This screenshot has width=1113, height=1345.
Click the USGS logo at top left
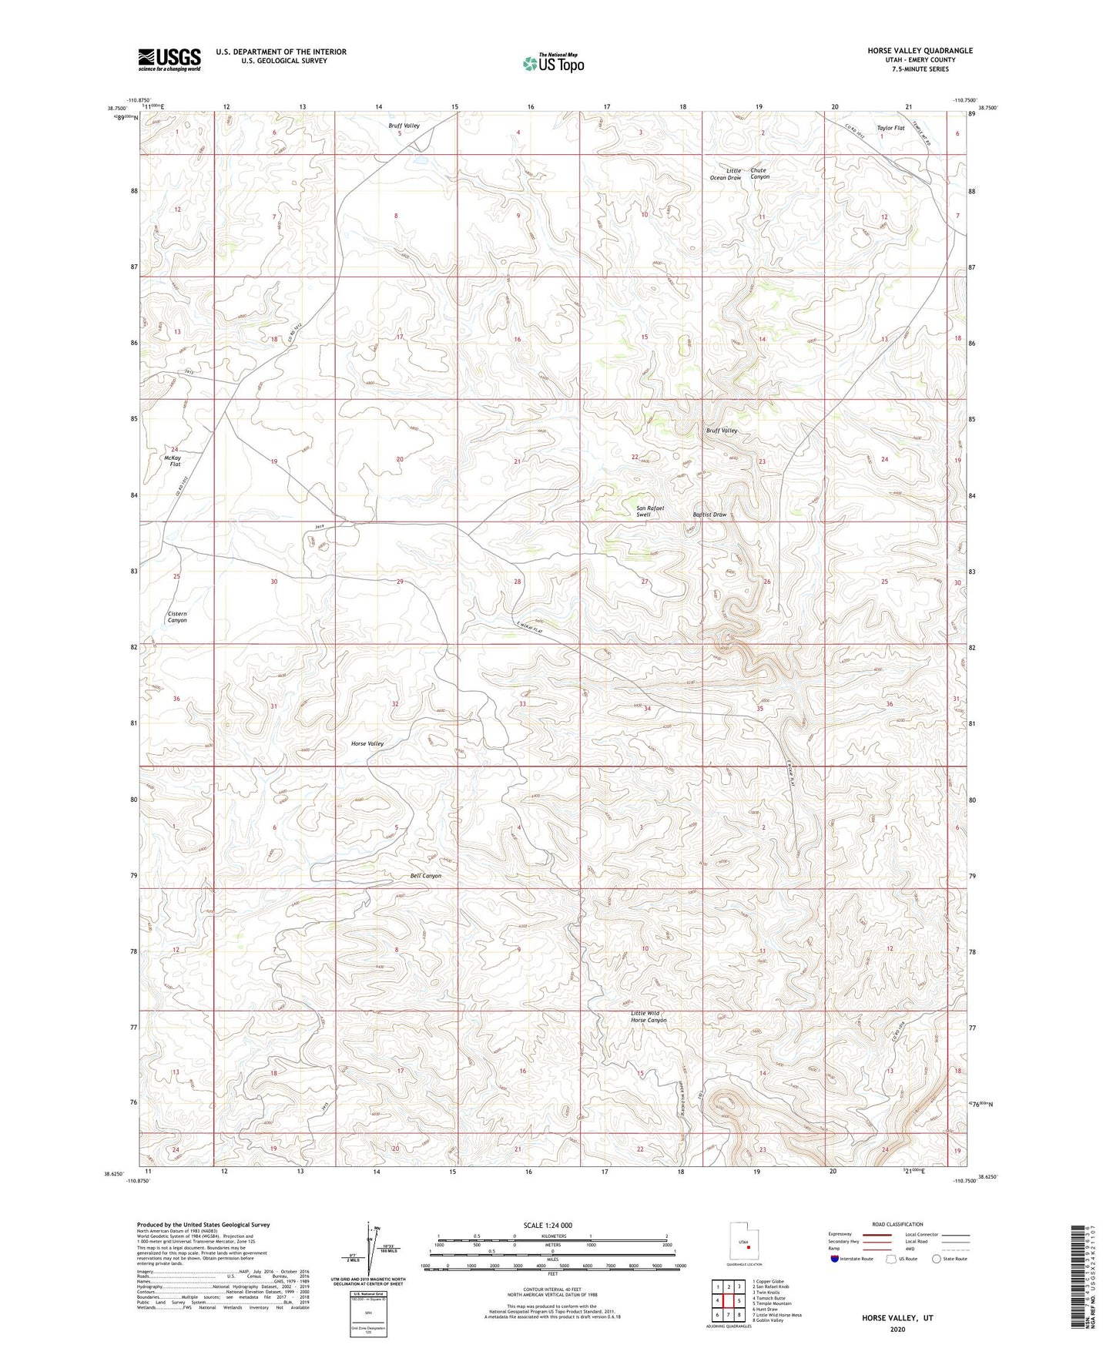(169, 59)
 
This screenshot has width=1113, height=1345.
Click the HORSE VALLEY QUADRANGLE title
(909, 51)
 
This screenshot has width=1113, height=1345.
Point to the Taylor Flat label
(890, 128)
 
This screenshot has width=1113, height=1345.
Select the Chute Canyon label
(759, 173)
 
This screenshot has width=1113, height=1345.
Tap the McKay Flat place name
(173, 461)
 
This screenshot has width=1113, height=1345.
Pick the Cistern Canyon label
(177, 617)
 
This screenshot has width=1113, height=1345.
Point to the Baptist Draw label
(709, 515)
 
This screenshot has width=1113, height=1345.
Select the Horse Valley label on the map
(367, 743)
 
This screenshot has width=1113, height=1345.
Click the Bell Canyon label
(426, 876)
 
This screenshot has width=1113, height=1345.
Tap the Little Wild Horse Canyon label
(648, 1017)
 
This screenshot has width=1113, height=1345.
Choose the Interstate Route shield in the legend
(836, 1258)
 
